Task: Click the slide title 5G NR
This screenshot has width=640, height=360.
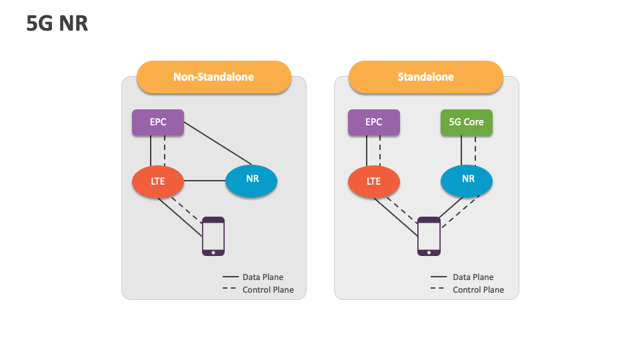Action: [57, 24]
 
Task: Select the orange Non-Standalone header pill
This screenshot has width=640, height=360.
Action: [213, 77]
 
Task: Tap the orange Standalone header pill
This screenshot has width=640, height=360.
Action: [425, 77]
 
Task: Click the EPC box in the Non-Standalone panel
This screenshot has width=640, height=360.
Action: [158, 122]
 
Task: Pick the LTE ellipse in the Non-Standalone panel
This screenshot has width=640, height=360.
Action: [158, 181]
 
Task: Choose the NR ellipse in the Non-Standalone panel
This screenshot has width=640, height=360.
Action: [252, 180]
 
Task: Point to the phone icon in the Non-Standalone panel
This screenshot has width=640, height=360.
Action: [213, 236]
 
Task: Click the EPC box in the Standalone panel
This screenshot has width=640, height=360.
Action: [374, 122]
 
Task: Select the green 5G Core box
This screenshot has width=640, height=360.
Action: [467, 122]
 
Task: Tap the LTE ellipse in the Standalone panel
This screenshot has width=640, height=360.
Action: [374, 181]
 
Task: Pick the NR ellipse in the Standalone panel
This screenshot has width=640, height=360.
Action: [467, 179]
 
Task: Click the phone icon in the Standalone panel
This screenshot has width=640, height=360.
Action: [429, 236]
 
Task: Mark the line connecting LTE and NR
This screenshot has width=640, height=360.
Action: [205, 181]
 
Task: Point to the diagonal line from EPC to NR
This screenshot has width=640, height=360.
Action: [217, 143]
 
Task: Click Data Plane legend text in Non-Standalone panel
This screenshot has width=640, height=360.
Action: [263, 277]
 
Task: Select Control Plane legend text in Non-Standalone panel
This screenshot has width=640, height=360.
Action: [268, 290]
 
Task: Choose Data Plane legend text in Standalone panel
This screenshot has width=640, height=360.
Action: [473, 277]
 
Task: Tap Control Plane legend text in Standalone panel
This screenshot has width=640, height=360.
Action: [478, 290]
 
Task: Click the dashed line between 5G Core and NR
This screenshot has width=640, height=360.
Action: [475, 150]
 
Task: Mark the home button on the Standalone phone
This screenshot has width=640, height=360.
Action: [429, 252]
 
